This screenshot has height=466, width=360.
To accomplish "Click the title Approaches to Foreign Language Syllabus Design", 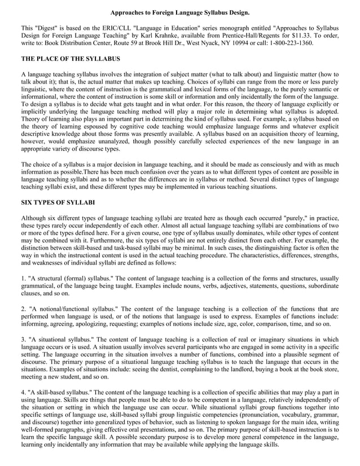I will [180, 12].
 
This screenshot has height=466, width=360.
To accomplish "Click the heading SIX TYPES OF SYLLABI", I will [58, 202].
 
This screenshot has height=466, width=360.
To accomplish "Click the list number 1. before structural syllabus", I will [24, 278].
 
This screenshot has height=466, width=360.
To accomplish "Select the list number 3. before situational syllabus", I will [24, 340].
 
